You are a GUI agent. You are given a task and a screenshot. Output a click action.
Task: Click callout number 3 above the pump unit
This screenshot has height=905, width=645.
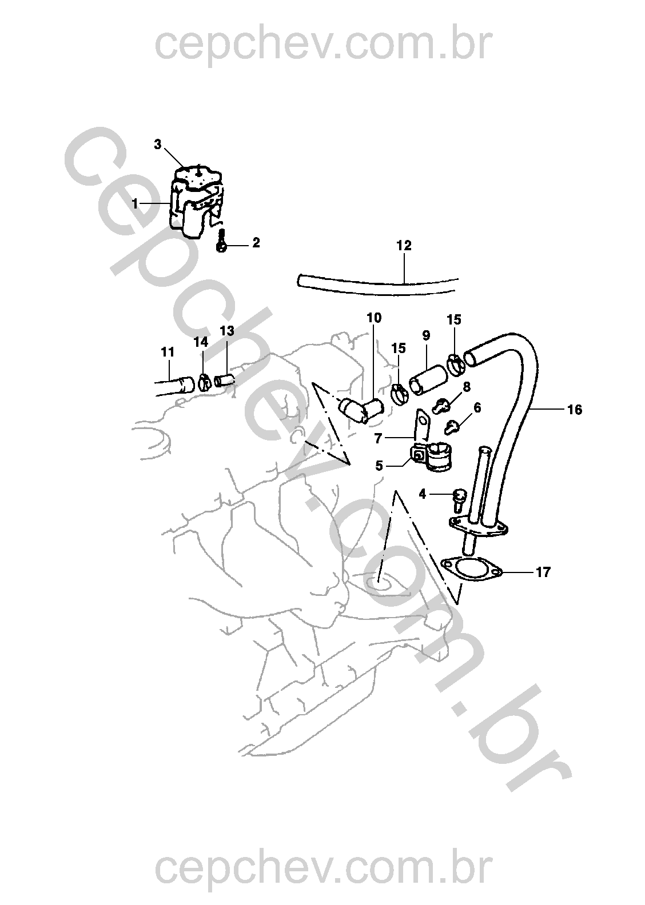click(157, 144)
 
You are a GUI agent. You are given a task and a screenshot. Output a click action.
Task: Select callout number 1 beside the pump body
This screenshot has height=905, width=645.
click(135, 203)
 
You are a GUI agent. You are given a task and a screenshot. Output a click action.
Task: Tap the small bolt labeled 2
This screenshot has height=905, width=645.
click(221, 241)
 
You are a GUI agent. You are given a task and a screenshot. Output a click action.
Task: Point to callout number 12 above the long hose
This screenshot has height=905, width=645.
click(404, 245)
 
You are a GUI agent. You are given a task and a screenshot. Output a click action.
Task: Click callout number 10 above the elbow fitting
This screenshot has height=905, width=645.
click(374, 318)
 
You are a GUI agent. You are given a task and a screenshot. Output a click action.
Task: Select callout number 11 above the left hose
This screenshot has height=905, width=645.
click(168, 353)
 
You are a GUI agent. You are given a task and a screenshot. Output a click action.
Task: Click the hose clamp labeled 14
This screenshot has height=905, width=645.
click(204, 382)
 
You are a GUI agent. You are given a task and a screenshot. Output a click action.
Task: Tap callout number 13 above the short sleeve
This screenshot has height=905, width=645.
click(227, 331)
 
